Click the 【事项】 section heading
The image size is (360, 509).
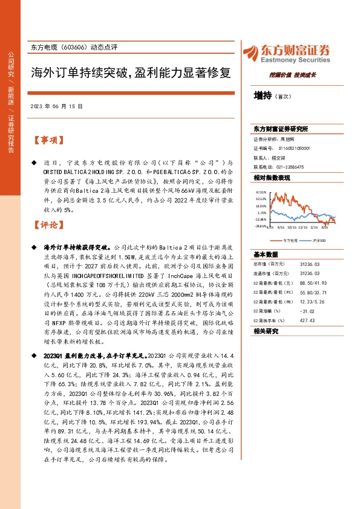[48, 140]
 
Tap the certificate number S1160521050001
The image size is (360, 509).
[293, 148]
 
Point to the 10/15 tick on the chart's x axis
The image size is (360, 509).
[292, 228]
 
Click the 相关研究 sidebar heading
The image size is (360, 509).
[266, 331]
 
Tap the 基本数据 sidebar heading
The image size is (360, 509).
[266, 254]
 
